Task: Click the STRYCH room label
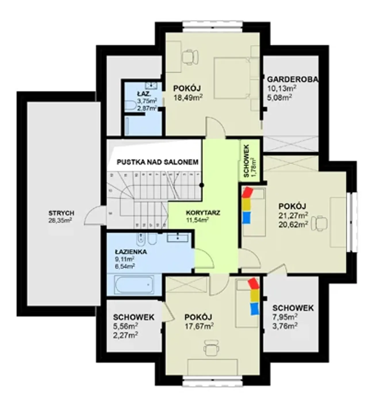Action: [x=61, y=213]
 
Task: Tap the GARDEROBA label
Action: [x=293, y=80]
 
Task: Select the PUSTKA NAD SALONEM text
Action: [x=158, y=162]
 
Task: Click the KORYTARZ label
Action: [x=203, y=212]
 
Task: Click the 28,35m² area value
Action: [x=60, y=220]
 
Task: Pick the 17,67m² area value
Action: [x=199, y=326]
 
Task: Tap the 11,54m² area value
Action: [x=197, y=220]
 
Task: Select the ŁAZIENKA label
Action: [x=131, y=252]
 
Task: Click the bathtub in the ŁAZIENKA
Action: [x=134, y=285]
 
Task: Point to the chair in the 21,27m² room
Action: [x=319, y=223]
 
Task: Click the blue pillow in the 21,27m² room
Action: [x=246, y=218]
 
